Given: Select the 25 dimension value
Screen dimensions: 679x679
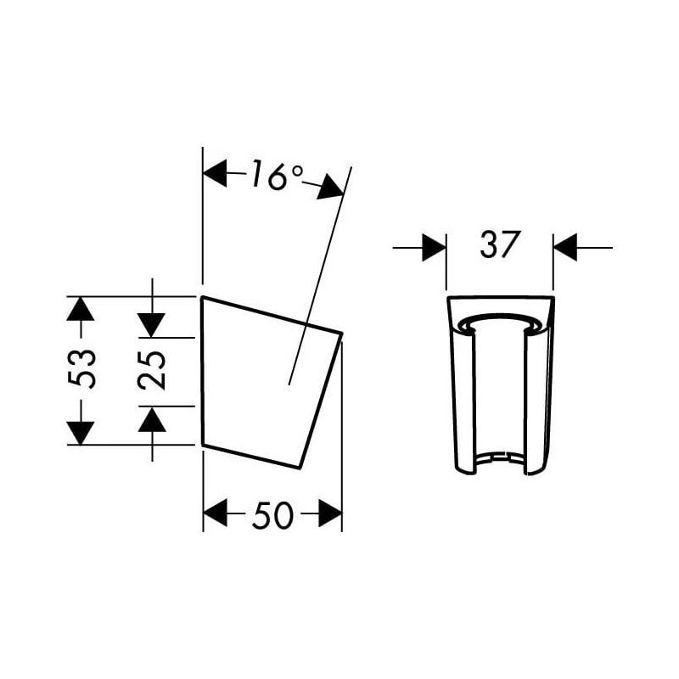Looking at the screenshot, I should [x=153, y=370].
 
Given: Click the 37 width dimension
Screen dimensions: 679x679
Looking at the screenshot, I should [x=499, y=245].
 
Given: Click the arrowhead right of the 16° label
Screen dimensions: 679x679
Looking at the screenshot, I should [x=331, y=188].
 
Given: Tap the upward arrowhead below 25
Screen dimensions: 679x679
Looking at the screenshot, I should [x=153, y=418].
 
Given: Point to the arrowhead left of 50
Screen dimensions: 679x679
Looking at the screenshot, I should [x=216, y=513].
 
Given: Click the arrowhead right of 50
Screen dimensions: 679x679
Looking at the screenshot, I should [x=329, y=513].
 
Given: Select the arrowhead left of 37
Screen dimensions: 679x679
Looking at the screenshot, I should [x=434, y=247].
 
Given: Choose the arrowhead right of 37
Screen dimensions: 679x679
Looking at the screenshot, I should [x=565, y=247].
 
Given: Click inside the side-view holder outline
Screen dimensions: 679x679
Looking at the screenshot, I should [x=255, y=382].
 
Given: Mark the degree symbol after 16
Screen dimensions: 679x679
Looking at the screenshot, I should [x=296, y=171].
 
